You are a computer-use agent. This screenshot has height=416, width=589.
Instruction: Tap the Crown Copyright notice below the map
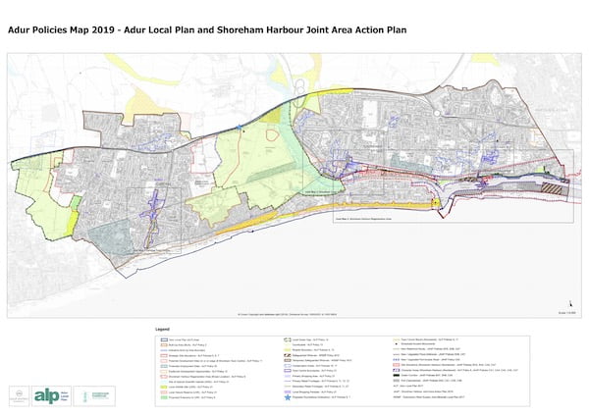(x=294, y=313)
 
